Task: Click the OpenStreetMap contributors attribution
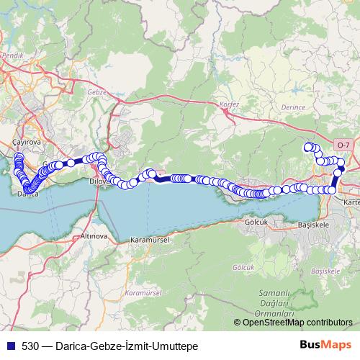[297, 322]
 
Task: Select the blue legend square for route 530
[9, 344]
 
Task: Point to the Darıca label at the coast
[27, 194]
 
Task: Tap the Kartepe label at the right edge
[352, 203]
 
